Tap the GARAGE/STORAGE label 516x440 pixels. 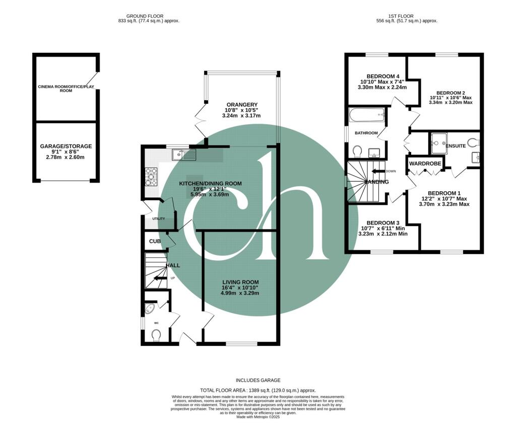coord(66,146)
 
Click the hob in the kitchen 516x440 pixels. coord(151,177)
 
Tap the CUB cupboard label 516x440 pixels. coord(154,241)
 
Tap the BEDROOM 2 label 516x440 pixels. coord(450,93)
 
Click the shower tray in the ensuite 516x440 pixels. coord(438,143)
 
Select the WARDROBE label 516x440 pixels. coord(425,164)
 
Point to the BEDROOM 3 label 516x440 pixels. coord(382,223)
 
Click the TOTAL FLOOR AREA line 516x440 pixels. coord(257,390)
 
